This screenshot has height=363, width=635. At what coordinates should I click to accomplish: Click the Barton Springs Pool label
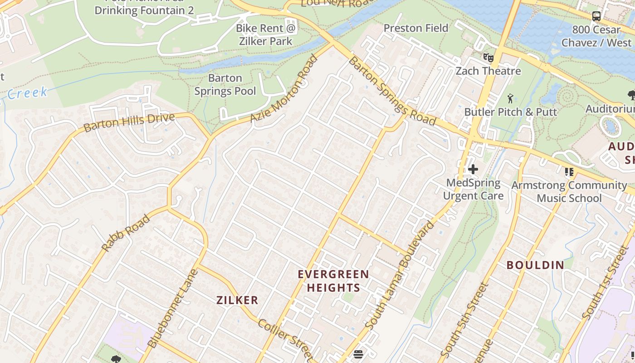coord(225,84)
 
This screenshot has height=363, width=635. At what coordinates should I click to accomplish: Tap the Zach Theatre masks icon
coord(488,58)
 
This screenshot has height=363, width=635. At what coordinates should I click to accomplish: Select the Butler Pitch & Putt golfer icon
coord(510,98)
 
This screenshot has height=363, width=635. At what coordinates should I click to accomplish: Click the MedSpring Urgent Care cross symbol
coord(473,169)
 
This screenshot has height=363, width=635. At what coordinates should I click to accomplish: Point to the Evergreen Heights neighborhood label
coord(333,281)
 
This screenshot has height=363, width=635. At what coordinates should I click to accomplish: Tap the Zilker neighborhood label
coord(237,300)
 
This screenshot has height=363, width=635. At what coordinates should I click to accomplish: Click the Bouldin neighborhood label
coord(535,265)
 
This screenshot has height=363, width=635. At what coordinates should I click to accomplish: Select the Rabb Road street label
coord(126,233)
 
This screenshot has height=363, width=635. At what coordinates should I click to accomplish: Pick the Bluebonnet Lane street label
coord(173,309)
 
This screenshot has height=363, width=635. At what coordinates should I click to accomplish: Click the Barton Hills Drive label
coord(129,123)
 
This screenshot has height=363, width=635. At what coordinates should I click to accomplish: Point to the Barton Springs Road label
coord(392,91)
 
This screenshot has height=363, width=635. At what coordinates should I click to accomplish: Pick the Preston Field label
coord(415,28)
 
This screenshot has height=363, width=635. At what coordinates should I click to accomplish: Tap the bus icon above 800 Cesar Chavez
coord(596,16)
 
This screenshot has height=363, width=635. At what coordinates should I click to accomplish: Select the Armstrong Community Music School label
coord(569,191)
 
